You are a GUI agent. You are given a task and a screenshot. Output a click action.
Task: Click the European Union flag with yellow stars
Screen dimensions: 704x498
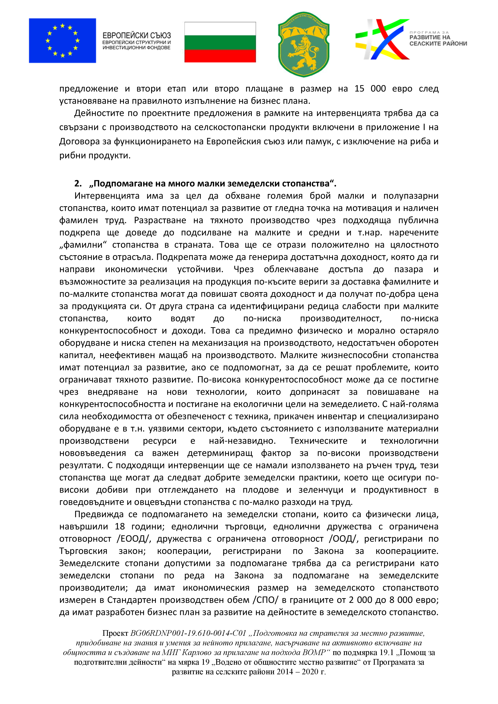point(62,41)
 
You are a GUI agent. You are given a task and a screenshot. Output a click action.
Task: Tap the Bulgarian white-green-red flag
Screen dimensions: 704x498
point(220,42)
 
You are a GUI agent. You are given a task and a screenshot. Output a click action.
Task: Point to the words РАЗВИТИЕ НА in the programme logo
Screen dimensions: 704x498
point(430,37)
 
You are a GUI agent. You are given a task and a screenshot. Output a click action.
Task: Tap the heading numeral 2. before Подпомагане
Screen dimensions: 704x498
point(78,184)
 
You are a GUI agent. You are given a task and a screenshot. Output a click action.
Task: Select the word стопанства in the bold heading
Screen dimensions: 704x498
point(305,184)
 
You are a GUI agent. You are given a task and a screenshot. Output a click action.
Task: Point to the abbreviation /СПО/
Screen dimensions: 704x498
point(265,600)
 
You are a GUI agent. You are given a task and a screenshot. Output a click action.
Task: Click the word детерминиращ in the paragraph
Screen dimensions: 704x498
point(220,453)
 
